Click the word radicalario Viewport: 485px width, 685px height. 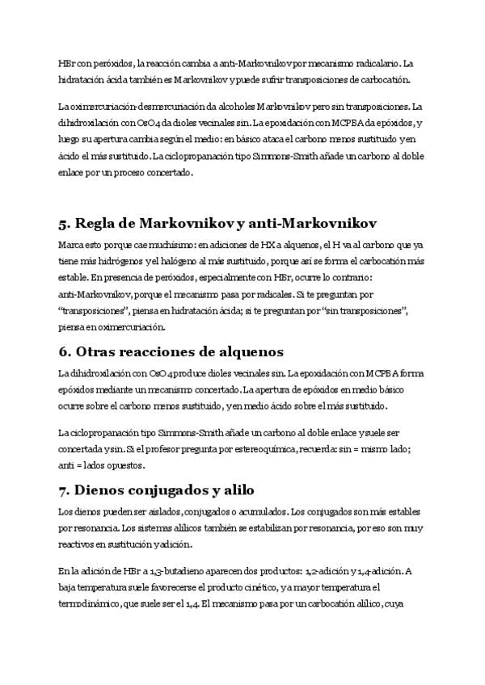pyautogui.click(x=373, y=63)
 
